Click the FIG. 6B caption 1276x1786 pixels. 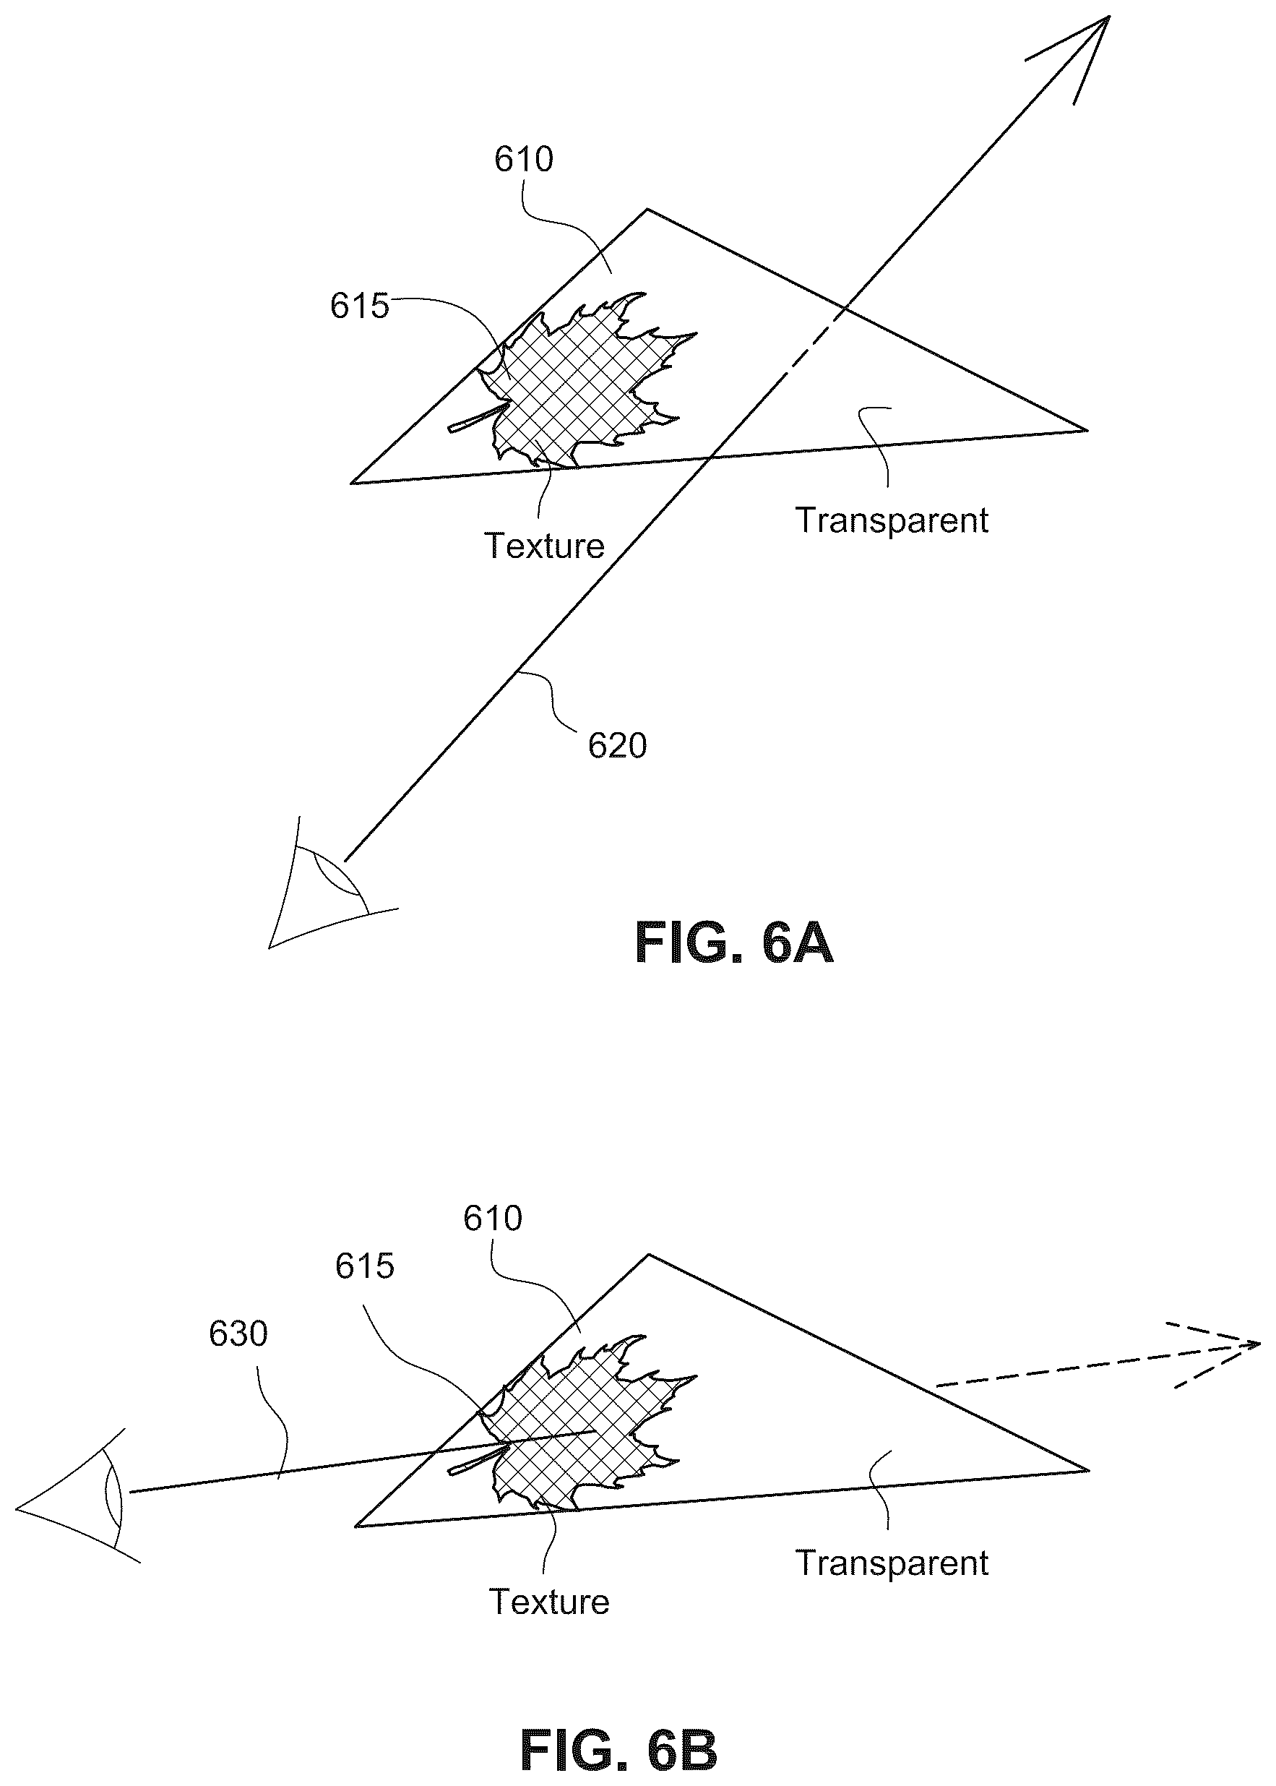point(618,1729)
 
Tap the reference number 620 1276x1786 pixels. point(617,746)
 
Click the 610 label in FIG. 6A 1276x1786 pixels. point(523,160)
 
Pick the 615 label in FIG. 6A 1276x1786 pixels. point(359,306)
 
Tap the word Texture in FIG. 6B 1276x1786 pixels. point(549,1602)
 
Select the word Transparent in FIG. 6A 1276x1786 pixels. point(892,521)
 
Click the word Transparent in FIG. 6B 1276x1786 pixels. point(892,1563)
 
